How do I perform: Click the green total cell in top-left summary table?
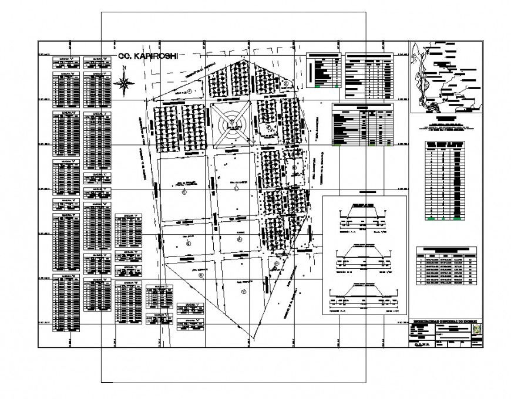(318, 86)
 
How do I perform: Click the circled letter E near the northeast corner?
(286, 84)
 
